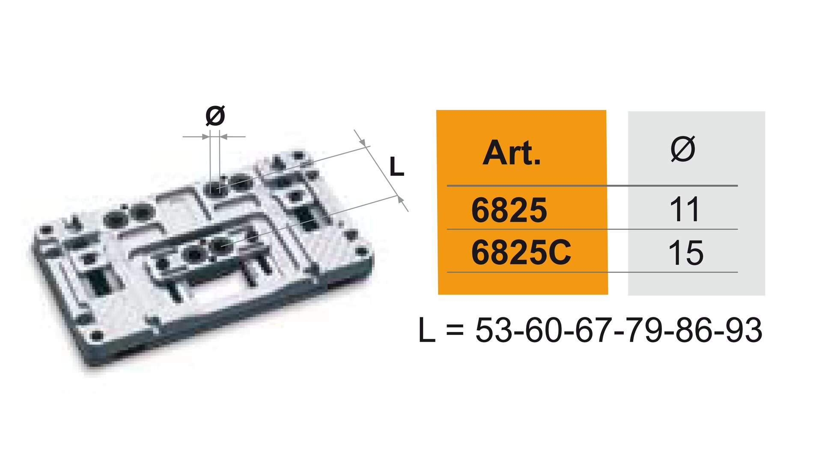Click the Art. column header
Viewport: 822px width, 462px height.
coord(512,153)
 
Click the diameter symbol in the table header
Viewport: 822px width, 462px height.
coord(683,149)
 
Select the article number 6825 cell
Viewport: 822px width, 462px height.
coord(509,210)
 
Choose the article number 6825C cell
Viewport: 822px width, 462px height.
coord(521,252)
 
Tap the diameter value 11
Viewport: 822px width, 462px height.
coord(685,210)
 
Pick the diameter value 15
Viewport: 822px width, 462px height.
coord(685,253)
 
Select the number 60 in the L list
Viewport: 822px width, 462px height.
coord(543,330)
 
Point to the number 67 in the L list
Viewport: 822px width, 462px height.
coord(593,330)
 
